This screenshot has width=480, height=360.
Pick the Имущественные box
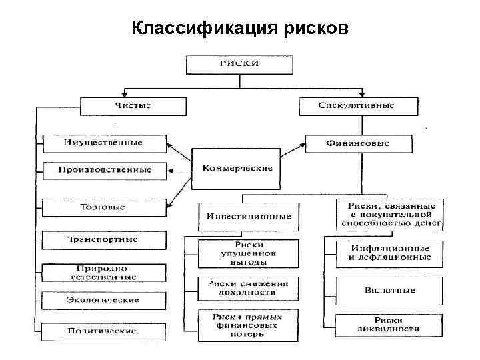pos(103,143)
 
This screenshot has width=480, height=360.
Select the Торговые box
pos(103,207)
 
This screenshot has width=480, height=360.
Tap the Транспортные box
pos(103,239)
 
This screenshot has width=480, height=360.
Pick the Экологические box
pos(103,299)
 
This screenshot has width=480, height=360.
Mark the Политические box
pos(103,331)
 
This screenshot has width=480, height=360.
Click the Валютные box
pos(390,291)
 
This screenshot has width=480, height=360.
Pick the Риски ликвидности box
pos(390,325)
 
